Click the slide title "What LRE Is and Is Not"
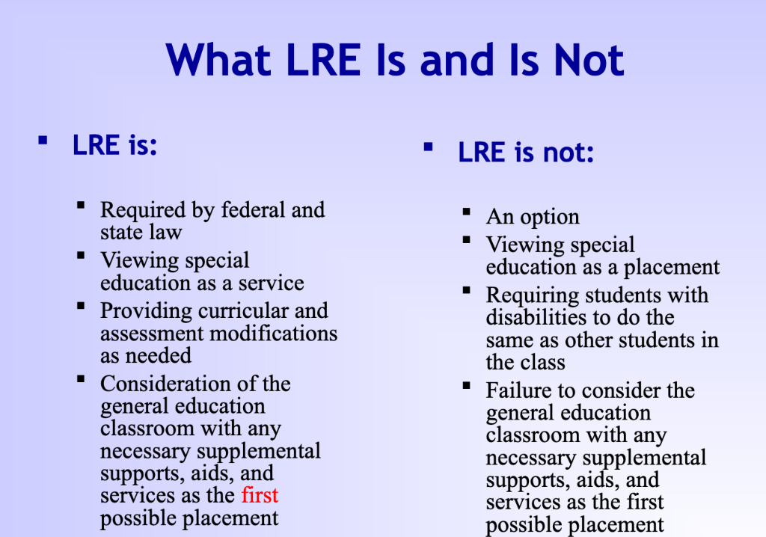coord(395,60)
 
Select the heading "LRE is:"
coord(115,144)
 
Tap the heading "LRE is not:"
coord(526,153)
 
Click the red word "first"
coord(260,495)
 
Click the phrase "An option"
coord(533,217)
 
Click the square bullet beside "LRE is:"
coord(43,140)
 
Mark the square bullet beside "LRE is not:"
coord(428,147)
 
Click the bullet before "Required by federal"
coord(81,205)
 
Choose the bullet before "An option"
coord(467,212)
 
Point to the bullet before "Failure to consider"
coord(467,386)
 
